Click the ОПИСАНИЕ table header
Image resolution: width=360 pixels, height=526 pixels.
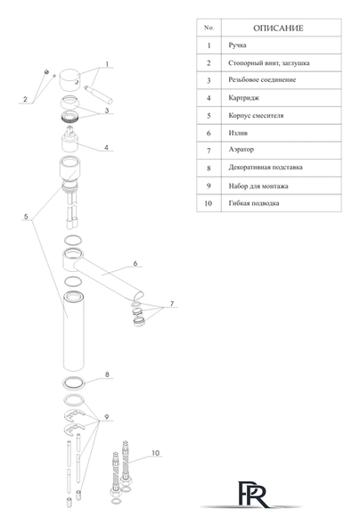[x=278, y=29]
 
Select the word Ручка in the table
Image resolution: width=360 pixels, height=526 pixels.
[x=237, y=45]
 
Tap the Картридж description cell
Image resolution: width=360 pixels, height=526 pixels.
[x=243, y=98]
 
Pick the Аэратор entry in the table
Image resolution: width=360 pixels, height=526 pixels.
[x=241, y=150]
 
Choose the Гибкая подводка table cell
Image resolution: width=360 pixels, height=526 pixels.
[x=254, y=203]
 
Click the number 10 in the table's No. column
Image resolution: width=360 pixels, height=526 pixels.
[x=209, y=203]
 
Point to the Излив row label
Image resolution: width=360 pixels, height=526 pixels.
[x=238, y=133]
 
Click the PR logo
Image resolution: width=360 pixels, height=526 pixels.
[x=252, y=494]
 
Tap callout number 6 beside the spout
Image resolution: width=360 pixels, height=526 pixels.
[x=135, y=263]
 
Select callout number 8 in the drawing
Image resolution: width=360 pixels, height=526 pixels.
[x=107, y=374]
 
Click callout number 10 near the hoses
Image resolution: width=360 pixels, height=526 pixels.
[x=156, y=453]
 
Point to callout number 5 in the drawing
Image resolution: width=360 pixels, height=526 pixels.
[x=26, y=217]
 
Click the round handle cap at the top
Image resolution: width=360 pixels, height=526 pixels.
[x=70, y=80]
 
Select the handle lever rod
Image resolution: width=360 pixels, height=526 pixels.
[x=99, y=95]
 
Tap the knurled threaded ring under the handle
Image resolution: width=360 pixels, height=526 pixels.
[x=70, y=117]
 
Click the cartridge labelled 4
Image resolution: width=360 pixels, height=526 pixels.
[x=70, y=139]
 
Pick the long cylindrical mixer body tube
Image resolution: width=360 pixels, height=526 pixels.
[x=74, y=332]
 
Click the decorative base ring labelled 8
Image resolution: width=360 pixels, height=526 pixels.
[x=74, y=382]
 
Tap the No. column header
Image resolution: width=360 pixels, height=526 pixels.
[x=209, y=28]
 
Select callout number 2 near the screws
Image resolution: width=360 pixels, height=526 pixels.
[x=26, y=99]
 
